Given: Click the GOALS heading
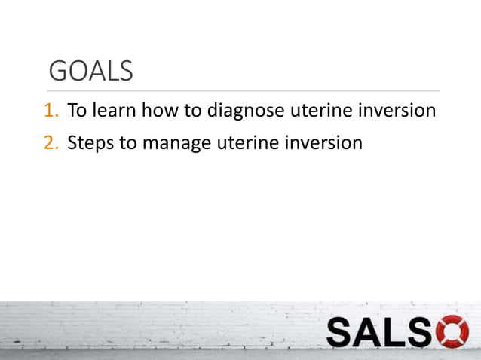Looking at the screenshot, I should coord(90,71).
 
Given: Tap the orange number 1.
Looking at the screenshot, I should coord(50,111).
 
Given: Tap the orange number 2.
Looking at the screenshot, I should coord(50,142).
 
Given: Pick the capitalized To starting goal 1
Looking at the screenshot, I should coord(76,111).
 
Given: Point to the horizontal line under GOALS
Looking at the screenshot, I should coord(241,92).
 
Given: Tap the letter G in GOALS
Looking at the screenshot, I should coord(57,71).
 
